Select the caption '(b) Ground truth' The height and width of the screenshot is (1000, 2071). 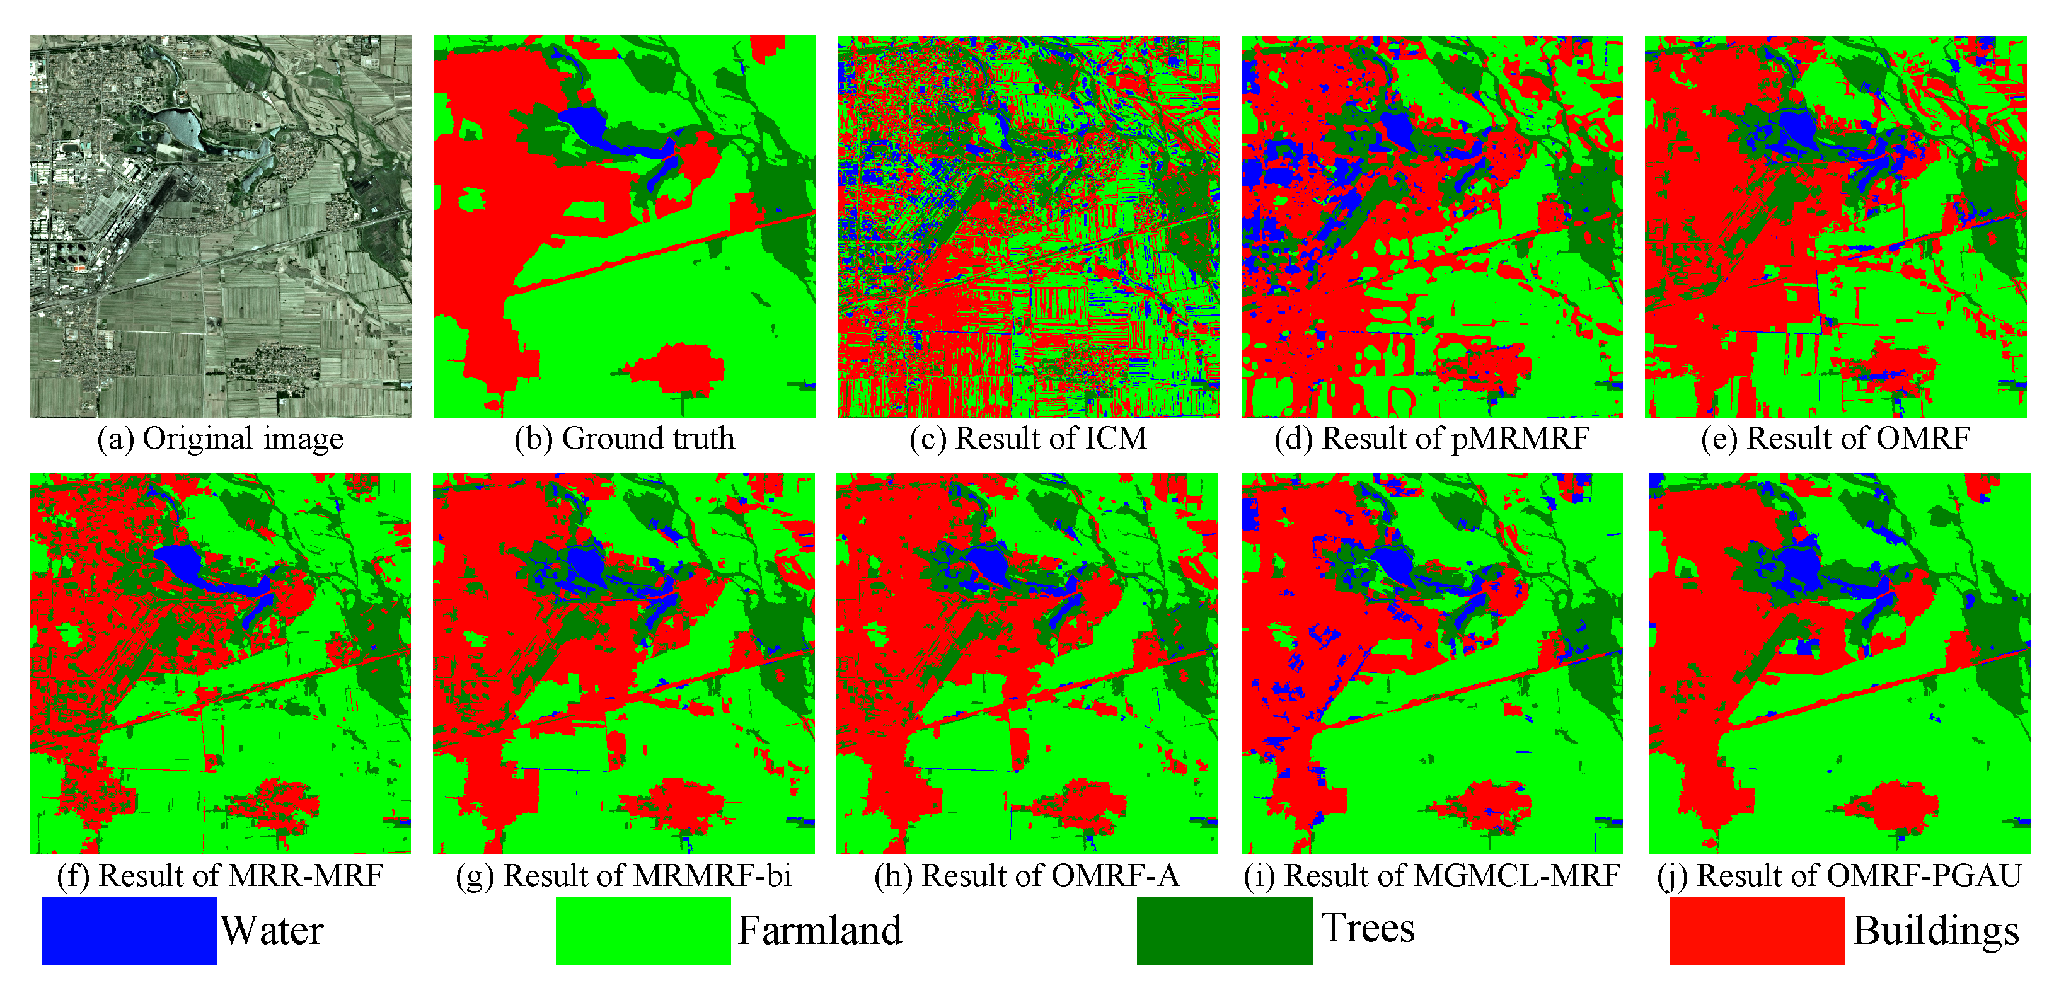[x=625, y=439]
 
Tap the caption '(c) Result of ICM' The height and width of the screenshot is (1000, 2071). [x=1029, y=439]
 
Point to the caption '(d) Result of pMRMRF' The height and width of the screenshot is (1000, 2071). [x=1432, y=439]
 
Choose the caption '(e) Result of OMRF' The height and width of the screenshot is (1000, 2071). [x=1835, y=439]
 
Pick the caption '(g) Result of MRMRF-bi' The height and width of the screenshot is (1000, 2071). [x=624, y=875]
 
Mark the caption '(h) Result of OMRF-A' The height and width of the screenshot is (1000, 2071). [x=1027, y=875]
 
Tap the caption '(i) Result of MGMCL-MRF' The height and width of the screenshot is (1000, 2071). [x=1432, y=875]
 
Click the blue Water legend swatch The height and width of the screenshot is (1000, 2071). [x=129, y=930]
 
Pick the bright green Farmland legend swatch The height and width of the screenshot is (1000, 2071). [x=643, y=930]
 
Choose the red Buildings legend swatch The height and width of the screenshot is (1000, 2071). [x=1757, y=930]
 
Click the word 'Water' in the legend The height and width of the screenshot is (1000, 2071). [x=272, y=931]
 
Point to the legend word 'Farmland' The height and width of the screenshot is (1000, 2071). [x=819, y=931]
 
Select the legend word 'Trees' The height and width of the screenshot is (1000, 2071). [x=1368, y=928]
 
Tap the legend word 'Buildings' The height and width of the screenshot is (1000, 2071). [x=1936, y=931]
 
